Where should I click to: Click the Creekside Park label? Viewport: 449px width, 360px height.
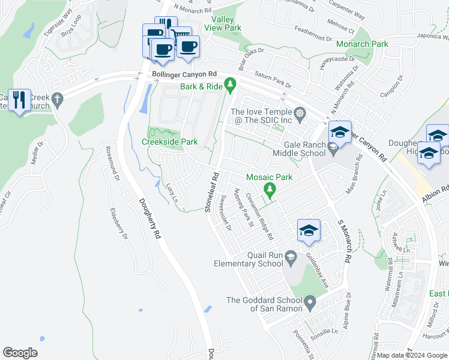pyautogui.click(x=169, y=142)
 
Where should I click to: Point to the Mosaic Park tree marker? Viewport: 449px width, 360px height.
pyautogui.click(x=271, y=190)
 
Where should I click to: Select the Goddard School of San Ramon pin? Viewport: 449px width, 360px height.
pyautogui.click(x=310, y=301)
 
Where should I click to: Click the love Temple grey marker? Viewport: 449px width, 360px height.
pyautogui.click(x=299, y=112)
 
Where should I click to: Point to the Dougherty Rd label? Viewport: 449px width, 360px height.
pyautogui.click(x=151, y=219)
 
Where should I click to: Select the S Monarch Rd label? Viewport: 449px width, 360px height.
pyautogui.click(x=343, y=240)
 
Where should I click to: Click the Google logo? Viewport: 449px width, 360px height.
pyautogui.click(x=20, y=353)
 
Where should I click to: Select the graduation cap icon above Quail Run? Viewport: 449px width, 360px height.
pyautogui.click(x=309, y=230)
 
